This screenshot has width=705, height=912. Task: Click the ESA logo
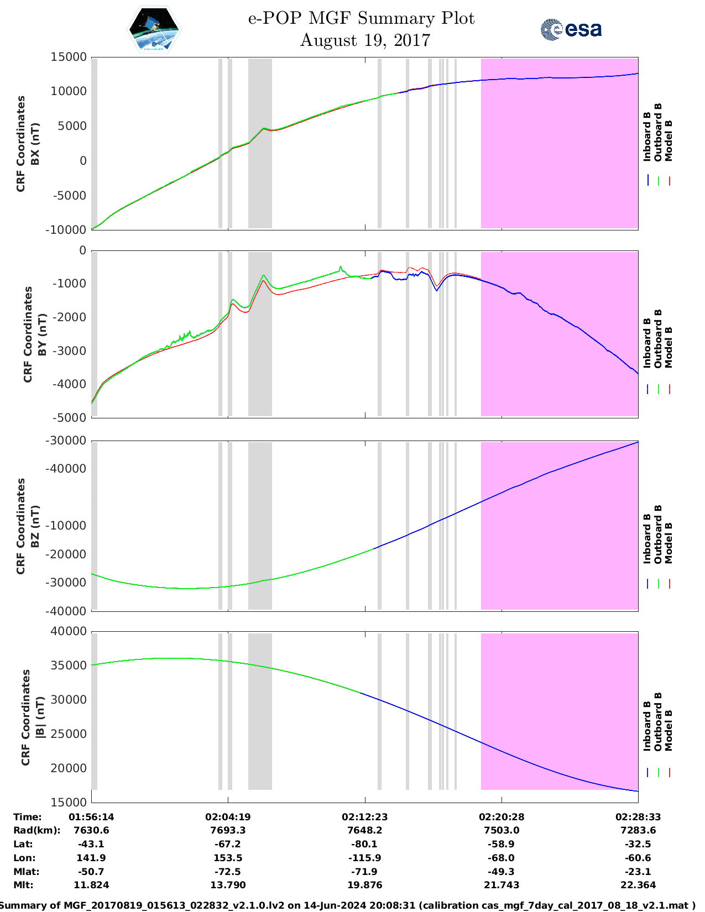click(571, 29)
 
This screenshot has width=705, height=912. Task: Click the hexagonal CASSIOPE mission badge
click(154, 30)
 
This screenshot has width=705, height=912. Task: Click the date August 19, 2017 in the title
click(365, 40)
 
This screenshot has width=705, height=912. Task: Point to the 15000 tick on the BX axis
click(69, 57)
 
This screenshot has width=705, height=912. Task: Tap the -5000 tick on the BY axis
click(71, 418)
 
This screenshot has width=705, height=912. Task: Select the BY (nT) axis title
click(34, 334)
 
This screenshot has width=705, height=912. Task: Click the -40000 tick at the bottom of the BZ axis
click(67, 611)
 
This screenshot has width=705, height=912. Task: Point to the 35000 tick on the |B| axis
click(69, 665)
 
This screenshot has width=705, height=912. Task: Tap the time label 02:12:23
click(364, 817)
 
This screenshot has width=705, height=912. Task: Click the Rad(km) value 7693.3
click(228, 830)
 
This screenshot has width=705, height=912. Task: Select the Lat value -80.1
click(364, 844)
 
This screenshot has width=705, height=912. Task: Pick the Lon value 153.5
click(228, 858)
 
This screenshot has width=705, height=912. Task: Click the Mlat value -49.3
click(502, 872)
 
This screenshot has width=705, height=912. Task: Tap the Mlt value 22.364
click(638, 885)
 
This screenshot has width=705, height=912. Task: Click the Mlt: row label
click(23, 885)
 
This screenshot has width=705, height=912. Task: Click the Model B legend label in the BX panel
click(669, 140)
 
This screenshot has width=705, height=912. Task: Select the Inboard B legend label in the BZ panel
click(647, 539)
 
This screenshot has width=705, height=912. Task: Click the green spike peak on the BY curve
click(341, 266)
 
